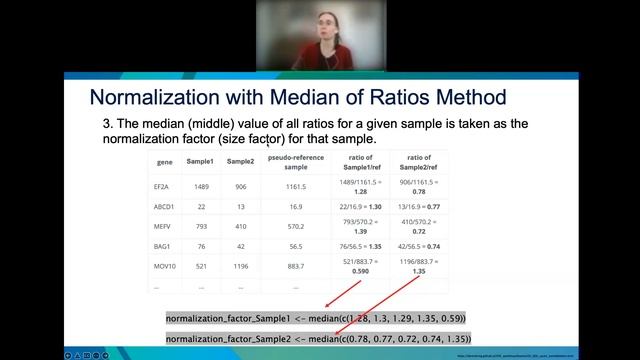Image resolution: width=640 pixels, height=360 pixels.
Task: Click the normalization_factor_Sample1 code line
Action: [316, 318]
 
